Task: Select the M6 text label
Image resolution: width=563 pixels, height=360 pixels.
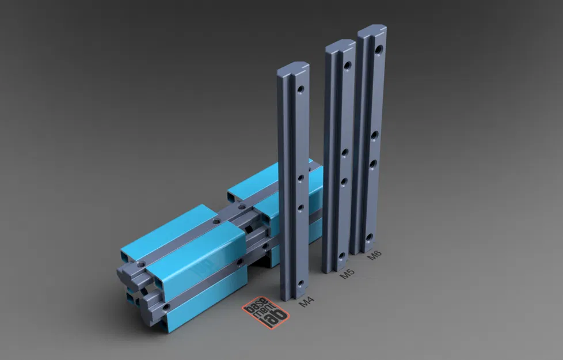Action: click(375, 255)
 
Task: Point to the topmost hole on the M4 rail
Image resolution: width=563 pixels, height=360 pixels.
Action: click(300, 90)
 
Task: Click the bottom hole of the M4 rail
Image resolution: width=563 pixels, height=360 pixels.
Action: click(300, 283)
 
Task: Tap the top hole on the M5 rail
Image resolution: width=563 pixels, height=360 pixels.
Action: click(348, 66)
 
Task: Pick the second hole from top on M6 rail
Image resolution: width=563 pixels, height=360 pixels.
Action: click(374, 135)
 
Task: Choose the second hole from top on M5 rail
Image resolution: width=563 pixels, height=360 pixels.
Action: click(345, 153)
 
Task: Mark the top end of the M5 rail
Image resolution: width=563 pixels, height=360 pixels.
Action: click(340, 46)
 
